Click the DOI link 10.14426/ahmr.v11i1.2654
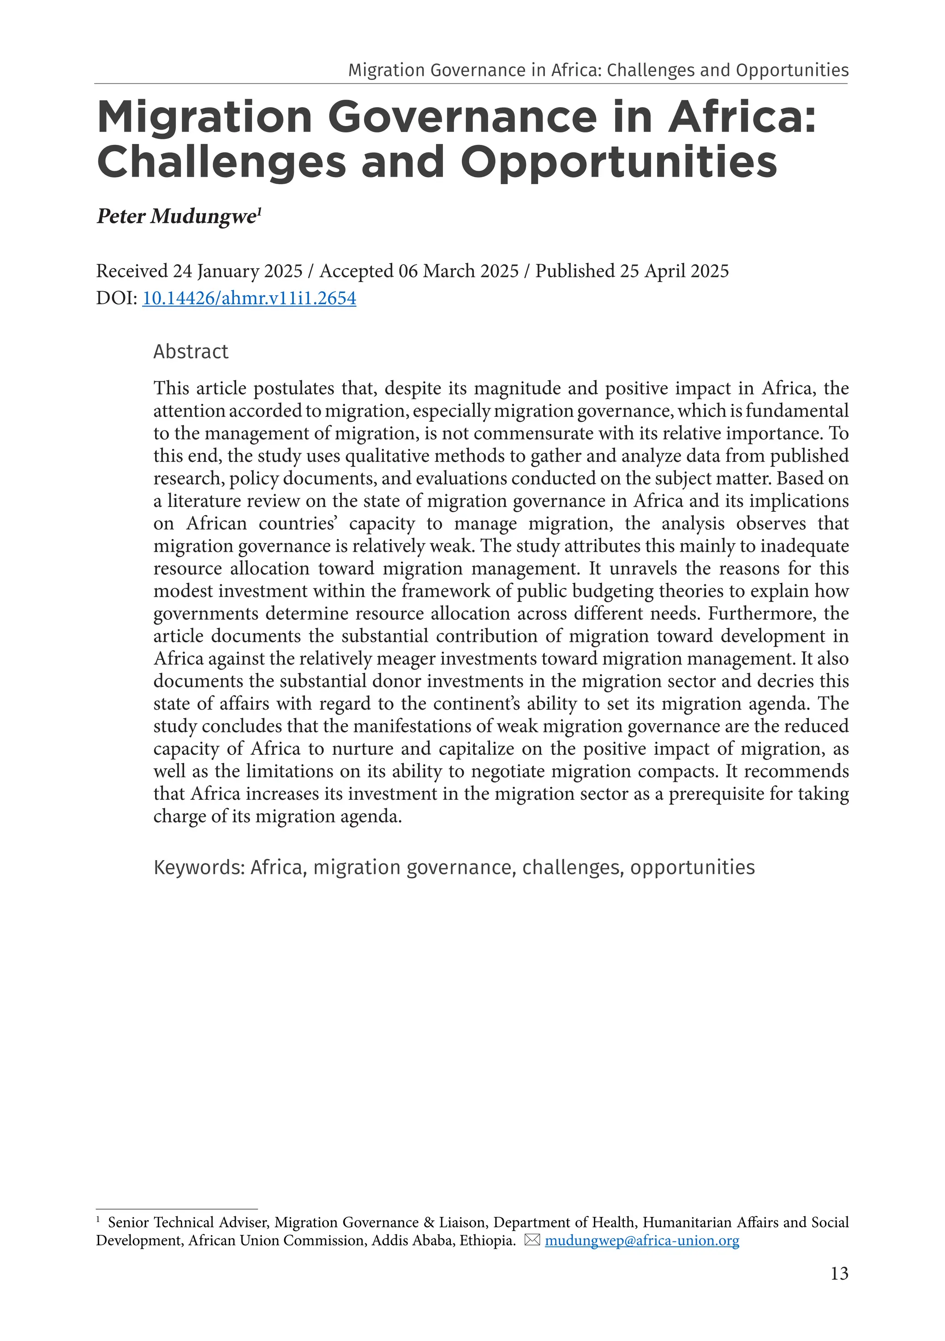[x=249, y=299]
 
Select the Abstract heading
[x=191, y=352]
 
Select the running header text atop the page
[x=598, y=70]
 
